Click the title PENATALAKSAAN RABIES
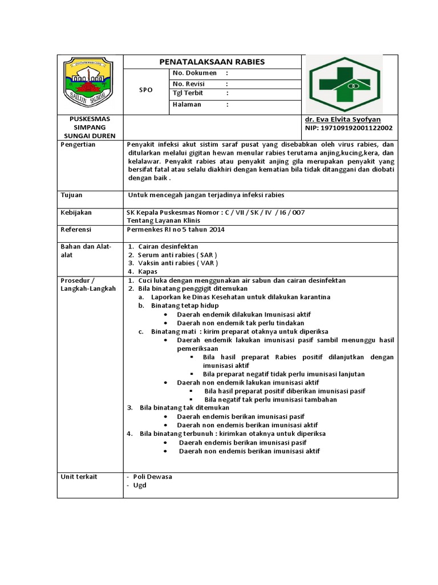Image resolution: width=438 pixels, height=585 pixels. coord(211,62)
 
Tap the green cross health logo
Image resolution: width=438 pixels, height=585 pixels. coord(344,83)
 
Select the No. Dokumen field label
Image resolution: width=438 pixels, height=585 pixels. coord(194,73)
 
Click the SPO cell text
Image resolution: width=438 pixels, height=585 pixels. coord(146,90)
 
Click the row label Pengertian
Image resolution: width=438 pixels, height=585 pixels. coord(78,145)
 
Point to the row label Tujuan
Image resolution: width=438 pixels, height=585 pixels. coord(72,195)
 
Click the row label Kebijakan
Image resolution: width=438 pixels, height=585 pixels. coord(76,213)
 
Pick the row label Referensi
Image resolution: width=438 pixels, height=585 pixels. coord(76,230)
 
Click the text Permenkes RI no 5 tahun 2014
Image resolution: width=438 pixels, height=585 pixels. coord(175,230)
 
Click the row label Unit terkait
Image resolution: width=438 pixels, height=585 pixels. coord(79,476)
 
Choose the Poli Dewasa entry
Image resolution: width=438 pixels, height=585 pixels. coord(152,476)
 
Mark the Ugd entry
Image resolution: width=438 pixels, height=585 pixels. coord(140,485)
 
